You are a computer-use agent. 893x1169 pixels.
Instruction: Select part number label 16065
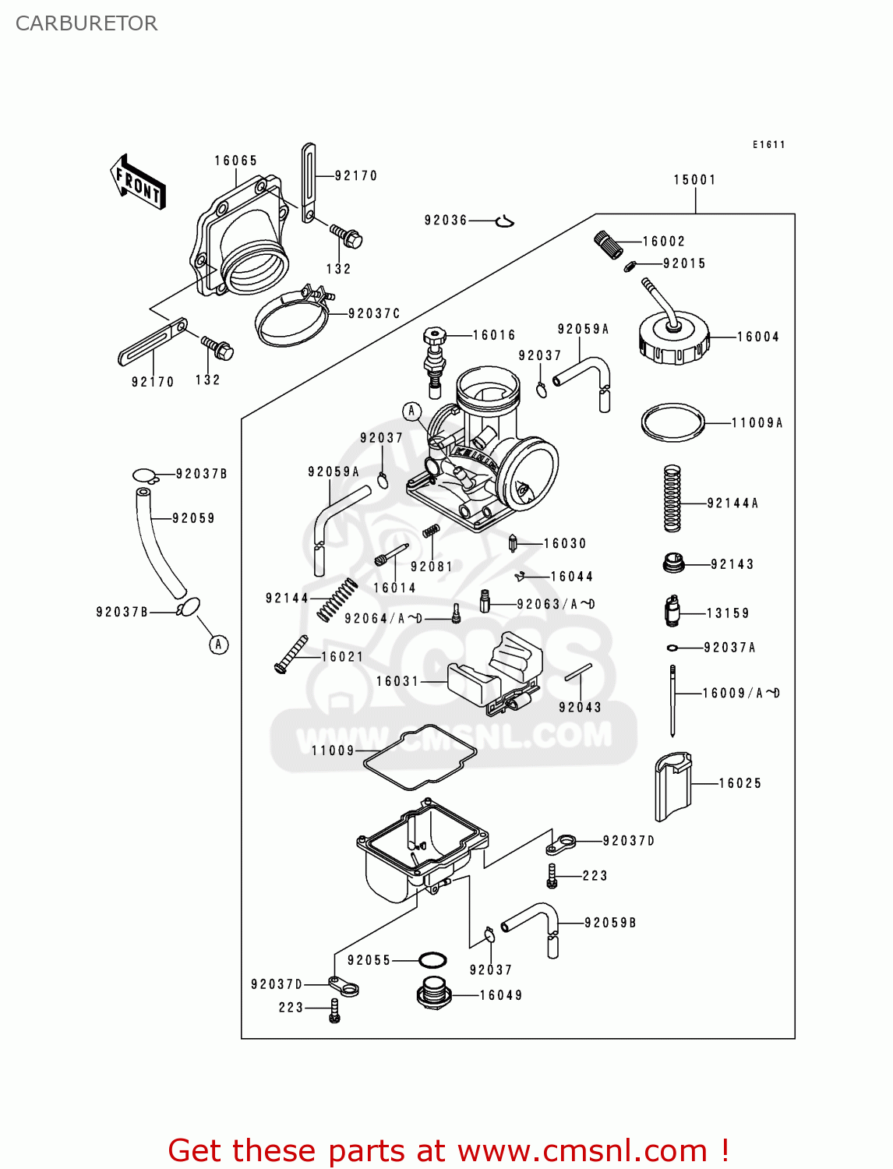pos(236,161)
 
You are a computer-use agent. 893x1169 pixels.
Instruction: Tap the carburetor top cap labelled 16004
pos(673,341)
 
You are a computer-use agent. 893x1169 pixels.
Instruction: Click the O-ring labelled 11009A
pos(672,423)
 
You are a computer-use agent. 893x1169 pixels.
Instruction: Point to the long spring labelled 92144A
pos(672,499)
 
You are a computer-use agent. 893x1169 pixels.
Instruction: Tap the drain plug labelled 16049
pos(433,994)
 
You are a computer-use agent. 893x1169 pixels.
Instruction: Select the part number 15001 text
pos(694,180)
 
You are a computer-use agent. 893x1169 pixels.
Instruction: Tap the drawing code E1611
pos(768,145)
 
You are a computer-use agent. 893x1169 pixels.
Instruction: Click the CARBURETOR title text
pos(86,23)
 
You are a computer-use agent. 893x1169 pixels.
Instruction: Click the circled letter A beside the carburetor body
pos(411,411)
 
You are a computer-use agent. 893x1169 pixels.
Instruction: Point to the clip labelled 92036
pos(504,222)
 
